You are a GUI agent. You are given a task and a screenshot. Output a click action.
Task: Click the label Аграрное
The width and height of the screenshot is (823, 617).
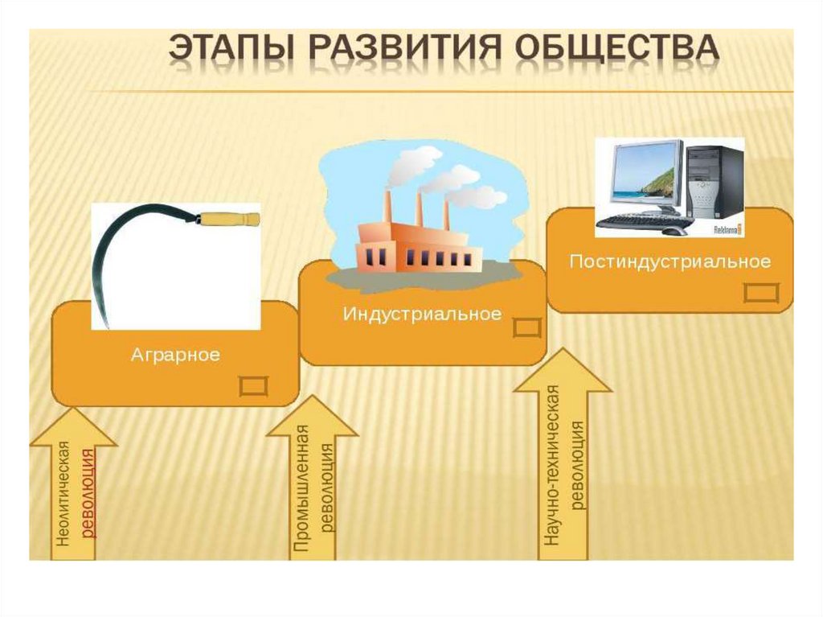pyautogui.click(x=175, y=355)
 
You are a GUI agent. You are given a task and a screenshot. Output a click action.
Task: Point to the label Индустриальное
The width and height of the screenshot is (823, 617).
pyautogui.click(x=422, y=313)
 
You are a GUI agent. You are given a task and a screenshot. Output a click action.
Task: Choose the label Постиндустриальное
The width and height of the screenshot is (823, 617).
pyautogui.click(x=670, y=261)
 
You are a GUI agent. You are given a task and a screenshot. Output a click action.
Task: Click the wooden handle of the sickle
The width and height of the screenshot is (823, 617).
pyautogui.click(x=229, y=218)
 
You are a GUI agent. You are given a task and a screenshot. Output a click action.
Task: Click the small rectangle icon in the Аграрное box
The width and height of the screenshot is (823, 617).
pyautogui.click(x=254, y=385)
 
